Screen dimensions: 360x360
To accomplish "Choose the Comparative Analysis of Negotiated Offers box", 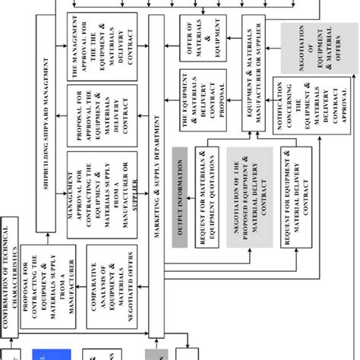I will pos(111,285).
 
